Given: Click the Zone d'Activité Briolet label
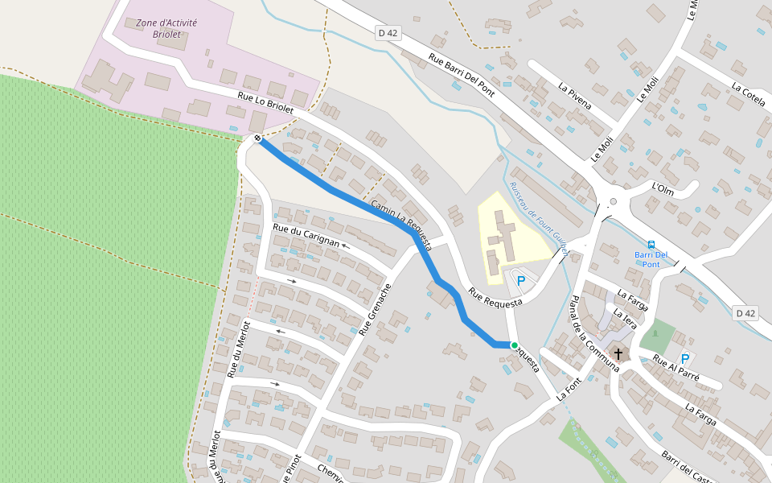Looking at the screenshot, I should point(166,29).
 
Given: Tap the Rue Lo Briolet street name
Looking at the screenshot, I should point(265,101).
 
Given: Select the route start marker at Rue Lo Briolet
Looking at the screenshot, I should point(258,138).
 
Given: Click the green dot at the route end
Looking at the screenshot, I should point(515,345).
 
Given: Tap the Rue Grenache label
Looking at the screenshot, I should point(376,309).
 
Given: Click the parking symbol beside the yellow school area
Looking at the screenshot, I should point(520,280).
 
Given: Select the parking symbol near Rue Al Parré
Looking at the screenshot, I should point(685,359).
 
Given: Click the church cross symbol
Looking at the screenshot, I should point(618,353).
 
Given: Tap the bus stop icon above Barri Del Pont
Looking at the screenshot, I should point(651,244).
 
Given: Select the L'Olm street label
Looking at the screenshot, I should point(663,188).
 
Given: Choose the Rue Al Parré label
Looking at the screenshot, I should point(676,369).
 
